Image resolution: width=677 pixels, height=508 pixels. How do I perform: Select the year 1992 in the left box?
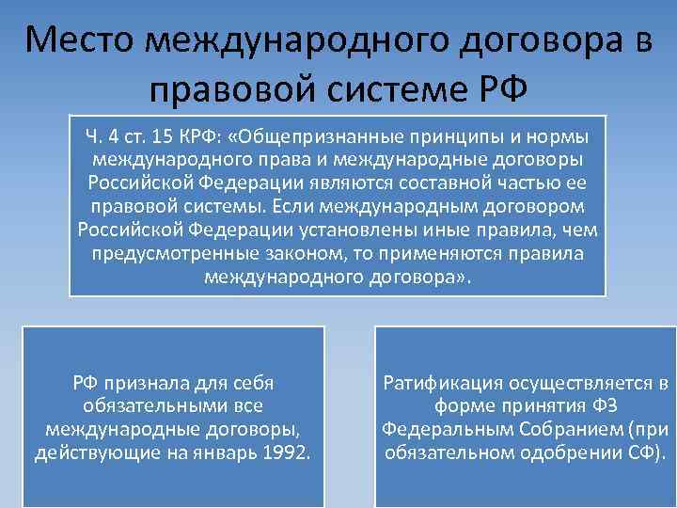click(x=285, y=453)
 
